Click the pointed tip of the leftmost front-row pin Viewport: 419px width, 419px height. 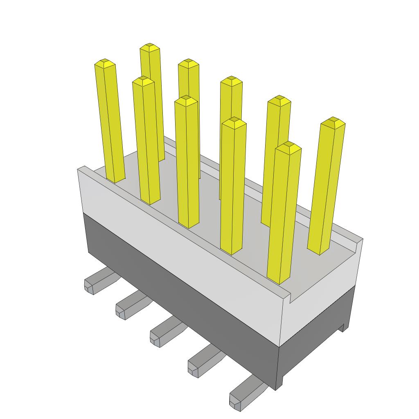point(105,63)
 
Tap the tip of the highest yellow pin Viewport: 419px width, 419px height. point(149,46)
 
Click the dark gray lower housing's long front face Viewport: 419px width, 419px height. point(180,286)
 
